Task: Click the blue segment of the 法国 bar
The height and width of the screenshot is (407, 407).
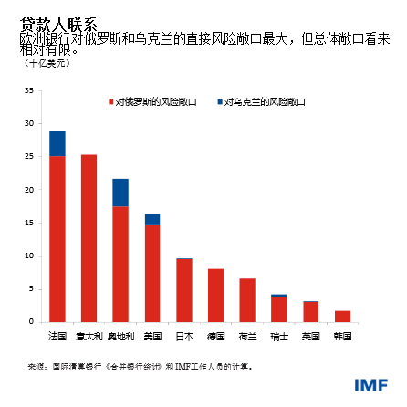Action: (57, 143)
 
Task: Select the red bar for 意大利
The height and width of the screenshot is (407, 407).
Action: (89, 237)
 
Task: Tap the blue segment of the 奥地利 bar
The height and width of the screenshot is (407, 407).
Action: (120, 193)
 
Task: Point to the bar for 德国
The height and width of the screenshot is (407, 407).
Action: (215, 295)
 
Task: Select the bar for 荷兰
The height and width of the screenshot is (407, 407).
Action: (247, 300)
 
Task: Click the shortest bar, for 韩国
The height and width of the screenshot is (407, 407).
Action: (342, 317)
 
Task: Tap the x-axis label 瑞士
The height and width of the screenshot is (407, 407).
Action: (278, 336)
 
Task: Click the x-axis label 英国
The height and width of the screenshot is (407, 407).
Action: (310, 336)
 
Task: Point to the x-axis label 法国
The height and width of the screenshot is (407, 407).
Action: (57, 336)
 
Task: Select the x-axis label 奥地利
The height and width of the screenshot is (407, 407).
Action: (120, 336)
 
